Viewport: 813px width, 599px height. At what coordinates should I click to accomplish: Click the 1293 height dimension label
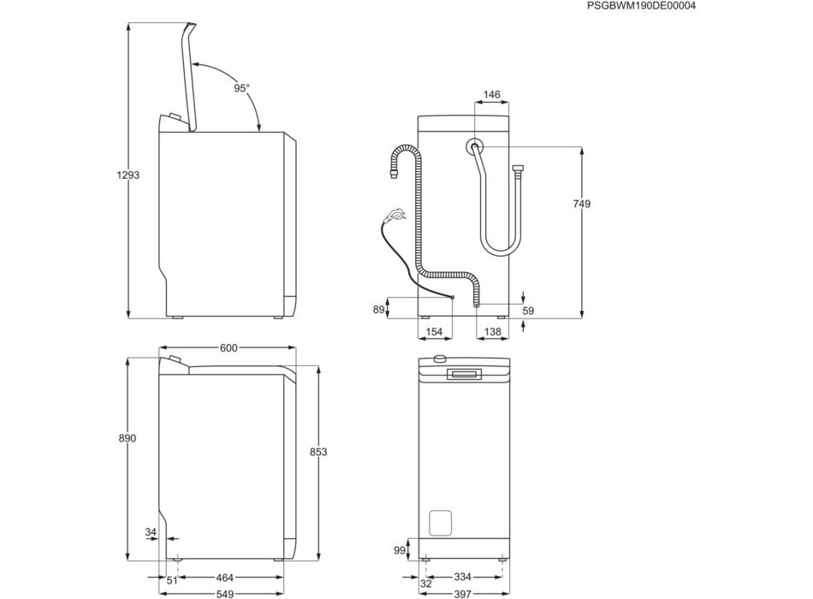[x=128, y=175]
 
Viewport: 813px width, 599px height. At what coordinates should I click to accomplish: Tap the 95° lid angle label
[x=241, y=88]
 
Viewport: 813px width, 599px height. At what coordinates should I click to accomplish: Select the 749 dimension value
[x=581, y=204]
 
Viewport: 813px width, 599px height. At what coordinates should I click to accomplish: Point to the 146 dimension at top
[x=491, y=94]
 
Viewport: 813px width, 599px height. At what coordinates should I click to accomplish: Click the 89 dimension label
[x=379, y=310]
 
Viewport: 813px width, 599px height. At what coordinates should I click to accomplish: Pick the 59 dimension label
[x=528, y=311]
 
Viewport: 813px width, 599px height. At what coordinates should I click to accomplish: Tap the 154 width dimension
[x=434, y=331]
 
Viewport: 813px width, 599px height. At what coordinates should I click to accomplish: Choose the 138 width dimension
[x=493, y=331]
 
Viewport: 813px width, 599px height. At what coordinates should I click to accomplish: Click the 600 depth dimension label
[x=228, y=348]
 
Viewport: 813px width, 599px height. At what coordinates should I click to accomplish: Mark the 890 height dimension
[x=127, y=438]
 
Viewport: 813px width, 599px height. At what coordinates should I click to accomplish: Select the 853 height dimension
[x=318, y=452]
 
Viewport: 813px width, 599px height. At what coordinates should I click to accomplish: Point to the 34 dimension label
[x=151, y=532]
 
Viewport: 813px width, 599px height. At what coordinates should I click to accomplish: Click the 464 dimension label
[x=224, y=578]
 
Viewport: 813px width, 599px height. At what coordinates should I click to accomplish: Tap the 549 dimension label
[x=224, y=594]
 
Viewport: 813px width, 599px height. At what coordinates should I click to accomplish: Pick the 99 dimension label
[x=400, y=550]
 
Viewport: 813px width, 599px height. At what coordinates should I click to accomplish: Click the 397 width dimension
[x=462, y=594]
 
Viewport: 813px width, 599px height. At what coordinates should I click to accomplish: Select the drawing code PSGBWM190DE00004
[x=641, y=6]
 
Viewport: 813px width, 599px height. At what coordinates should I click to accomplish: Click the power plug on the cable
[x=393, y=214]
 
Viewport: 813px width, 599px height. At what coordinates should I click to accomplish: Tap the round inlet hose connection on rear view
[x=474, y=147]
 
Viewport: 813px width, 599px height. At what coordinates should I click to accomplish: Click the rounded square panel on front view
[x=440, y=523]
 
